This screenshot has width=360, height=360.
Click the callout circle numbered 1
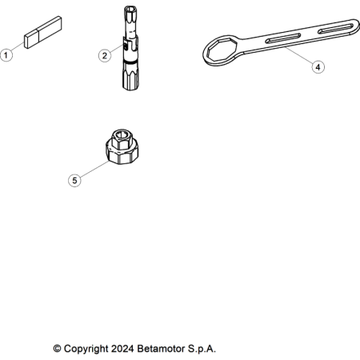coord(6,55)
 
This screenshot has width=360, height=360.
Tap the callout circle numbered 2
coord(105,56)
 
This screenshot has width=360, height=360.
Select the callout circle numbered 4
coord(318,67)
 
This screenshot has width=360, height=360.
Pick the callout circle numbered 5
coord(74,180)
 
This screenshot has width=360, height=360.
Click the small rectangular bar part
coord(43,33)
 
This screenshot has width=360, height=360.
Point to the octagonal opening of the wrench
coord(222,50)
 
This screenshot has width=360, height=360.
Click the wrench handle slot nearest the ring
coord(283,38)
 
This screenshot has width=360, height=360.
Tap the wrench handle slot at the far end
coord(336,29)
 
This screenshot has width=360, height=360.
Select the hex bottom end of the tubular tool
coord(130,77)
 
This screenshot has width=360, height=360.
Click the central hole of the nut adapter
coord(122,134)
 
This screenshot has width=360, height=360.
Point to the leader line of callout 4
coord(299,55)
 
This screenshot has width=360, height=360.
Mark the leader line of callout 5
coord(94,169)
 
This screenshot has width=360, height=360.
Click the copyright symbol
coord(57,349)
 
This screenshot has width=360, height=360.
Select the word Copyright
coord(86,349)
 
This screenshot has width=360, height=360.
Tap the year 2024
coord(122,349)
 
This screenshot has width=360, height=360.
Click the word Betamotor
coord(161,349)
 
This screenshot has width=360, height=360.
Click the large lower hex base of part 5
coord(122,154)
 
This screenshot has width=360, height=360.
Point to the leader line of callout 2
coord(117,49)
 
